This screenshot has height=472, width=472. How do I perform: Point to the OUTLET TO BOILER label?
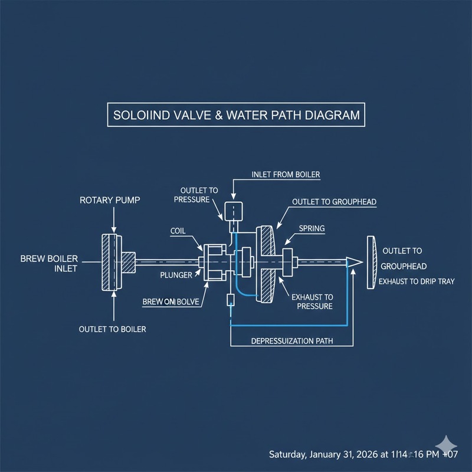click(112, 329)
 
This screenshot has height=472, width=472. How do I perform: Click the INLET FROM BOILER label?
click(286, 175)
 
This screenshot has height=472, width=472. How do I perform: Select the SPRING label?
click(312, 228)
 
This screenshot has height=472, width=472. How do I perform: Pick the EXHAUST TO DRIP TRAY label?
click(417, 281)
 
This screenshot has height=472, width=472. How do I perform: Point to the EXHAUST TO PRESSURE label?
click(313, 301)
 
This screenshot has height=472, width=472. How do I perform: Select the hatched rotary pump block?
click(110, 261)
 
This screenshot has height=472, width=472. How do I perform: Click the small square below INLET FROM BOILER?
click(234, 211)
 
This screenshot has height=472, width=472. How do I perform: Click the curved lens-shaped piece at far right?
click(371, 263)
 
